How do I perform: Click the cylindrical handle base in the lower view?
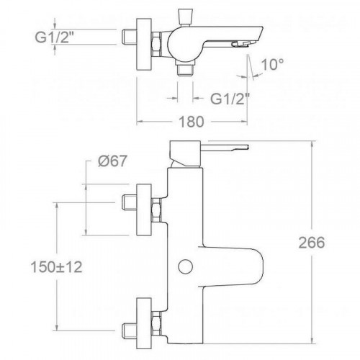coord(179,153)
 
